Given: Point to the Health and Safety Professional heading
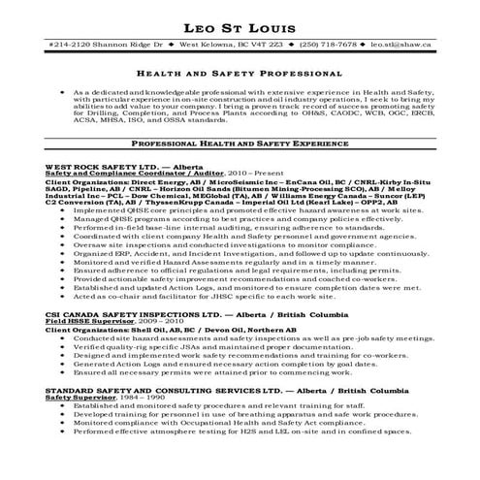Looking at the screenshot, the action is click(x=240, y=73).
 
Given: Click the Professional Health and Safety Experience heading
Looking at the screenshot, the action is click(x=240, y=142).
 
